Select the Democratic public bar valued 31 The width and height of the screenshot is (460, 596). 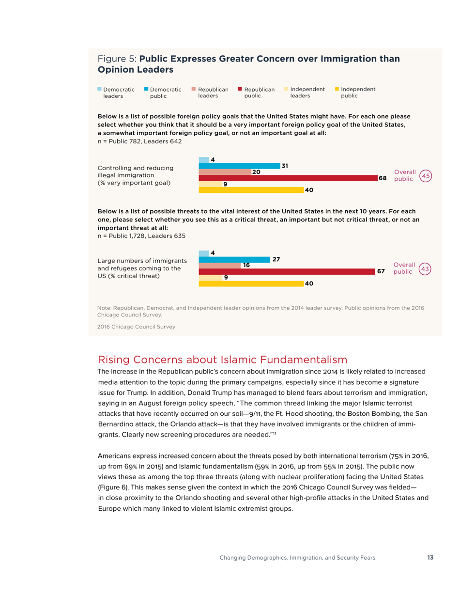[x=240, y=166]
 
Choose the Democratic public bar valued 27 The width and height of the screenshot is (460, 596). [x=234, y=259]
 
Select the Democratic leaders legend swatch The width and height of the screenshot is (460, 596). [x=100, y=89]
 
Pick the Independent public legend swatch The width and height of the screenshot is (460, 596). [x=337, y=89]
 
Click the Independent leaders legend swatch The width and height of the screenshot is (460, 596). [x=286, y=89]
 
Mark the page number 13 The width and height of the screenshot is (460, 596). [x=430, y=558]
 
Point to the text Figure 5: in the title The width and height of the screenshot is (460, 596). [x=117, y=59]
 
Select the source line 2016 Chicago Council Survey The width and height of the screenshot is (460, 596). [x=137, y=326]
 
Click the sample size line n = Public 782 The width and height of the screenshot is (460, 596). [x=140, y=141]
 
